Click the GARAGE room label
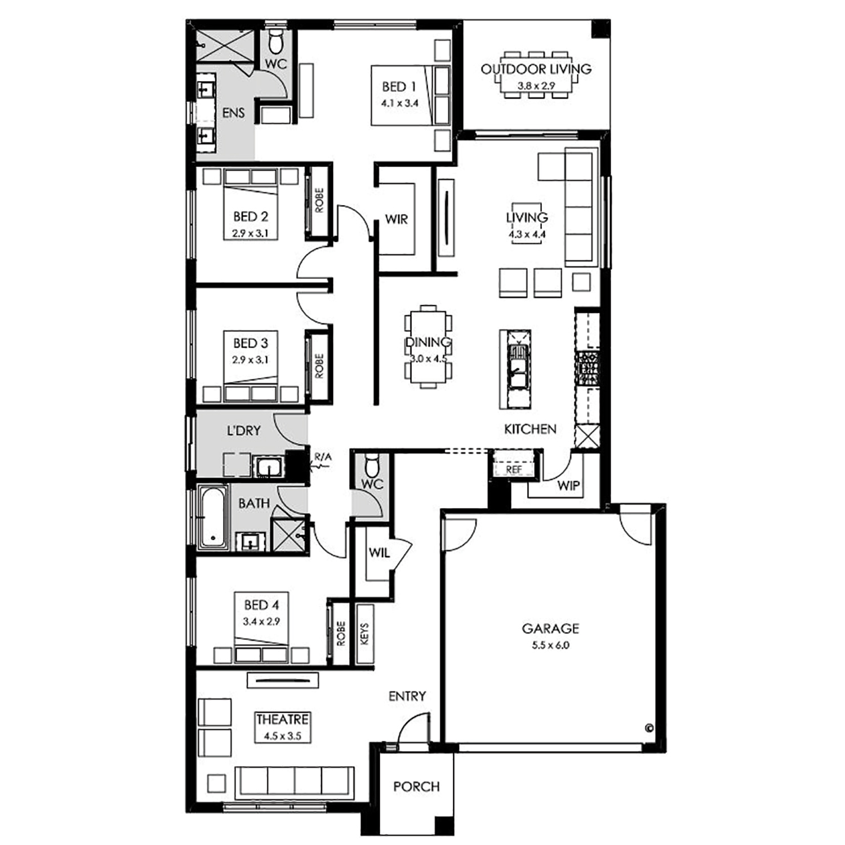click(x=550, y=628)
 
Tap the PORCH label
click(x=416, y=786)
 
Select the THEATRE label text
click(x=282, y=719)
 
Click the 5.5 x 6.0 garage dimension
click(x=550, y=646)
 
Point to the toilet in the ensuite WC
click(x=276, y=41)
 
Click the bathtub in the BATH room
click(x=212, y=517)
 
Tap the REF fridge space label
click(x=514, y=469)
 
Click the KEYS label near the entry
click(x=364, y=634)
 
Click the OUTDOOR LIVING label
click(x=536, y=69)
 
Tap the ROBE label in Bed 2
click(x=319, y=201)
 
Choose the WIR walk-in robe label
click(x=396, y=219)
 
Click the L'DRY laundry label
click(x=243, y=431)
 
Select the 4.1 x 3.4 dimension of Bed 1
click(x=399, y=103)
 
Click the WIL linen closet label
click(x=379, y=553)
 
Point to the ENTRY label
click(x=407, y=696)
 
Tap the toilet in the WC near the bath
click(x=371, y=466)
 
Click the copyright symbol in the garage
click(x=648, y=727)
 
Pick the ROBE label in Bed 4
click(x=340, y=634)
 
